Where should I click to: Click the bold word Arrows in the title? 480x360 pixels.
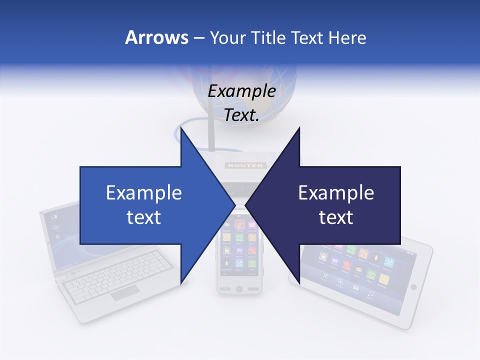pos(157,38)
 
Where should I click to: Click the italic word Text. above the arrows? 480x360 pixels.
pos(241,115)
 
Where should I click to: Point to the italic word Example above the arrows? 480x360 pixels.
pos(241,91)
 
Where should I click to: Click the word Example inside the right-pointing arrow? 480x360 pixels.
pos(144,193)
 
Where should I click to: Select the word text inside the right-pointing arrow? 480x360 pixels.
pos(144,217)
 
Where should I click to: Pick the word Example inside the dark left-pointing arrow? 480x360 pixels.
pos(336,193)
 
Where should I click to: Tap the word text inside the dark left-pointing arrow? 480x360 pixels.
pos(336,217)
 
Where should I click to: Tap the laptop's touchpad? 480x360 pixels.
pos(125,294)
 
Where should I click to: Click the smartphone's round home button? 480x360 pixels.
pos(239,289)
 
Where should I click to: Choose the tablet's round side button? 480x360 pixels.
pos(413,287)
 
